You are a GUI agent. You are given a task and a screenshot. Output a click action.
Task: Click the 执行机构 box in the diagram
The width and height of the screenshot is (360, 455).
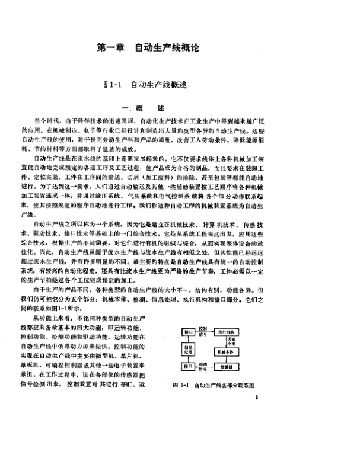[226, 332]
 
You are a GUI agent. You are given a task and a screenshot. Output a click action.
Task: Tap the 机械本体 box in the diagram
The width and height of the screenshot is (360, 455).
[226, 352]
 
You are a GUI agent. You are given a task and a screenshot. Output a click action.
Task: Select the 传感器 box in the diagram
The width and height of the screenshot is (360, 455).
[226, 366]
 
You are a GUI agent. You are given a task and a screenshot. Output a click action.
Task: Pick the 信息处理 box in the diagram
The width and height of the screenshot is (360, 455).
[188, 350]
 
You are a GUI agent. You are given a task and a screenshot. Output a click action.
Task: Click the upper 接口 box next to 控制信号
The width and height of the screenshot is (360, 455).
[188, 332]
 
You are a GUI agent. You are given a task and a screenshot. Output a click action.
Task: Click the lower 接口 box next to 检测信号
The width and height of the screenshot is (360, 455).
[188, 366]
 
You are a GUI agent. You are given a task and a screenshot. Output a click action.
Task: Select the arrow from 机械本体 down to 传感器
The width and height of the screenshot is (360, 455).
[226, 360]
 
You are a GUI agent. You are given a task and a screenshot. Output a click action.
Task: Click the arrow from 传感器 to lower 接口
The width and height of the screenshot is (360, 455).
[205, 367]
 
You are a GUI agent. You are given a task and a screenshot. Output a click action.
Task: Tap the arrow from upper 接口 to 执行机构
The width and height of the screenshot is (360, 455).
[206, 332]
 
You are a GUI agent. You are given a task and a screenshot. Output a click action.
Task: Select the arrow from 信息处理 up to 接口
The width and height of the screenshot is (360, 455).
[188, 339]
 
